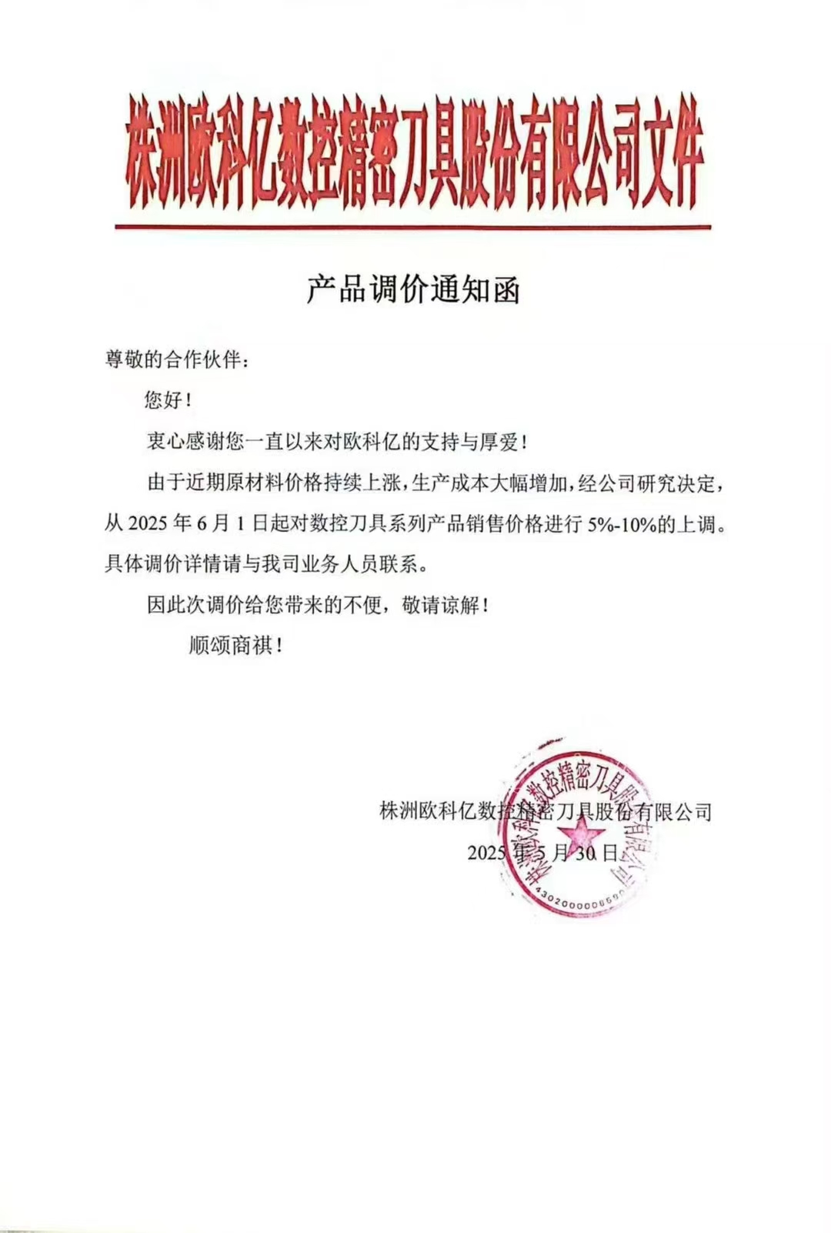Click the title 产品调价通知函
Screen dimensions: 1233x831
coord(413,289)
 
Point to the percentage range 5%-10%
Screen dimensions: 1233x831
coord(620,524)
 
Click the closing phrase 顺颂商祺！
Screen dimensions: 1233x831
coord(235,645)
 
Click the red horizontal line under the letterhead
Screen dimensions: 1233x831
coord(413,227)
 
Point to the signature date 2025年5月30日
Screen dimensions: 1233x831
coord(543,853)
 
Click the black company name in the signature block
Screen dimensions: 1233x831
coord(546,811)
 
